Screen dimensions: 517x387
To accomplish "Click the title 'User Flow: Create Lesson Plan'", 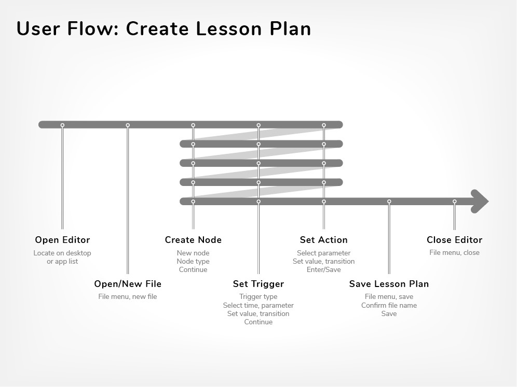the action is coord(164,28).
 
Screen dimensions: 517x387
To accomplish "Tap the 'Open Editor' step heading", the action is coord(62,240).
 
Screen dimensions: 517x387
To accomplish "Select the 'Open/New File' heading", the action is coord(128,284).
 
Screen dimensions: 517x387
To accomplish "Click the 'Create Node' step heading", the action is coord(193,240).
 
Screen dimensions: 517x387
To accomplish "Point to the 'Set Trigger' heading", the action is coord(258,284).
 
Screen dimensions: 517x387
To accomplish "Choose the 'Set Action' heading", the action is coord(324,240).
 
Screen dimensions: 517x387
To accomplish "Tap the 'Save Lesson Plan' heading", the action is coord(389,284).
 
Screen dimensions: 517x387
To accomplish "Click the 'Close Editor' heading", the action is coord(454,240).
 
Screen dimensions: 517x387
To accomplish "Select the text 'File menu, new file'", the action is coord(128,296).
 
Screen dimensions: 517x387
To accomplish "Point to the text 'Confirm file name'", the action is coord(389,305).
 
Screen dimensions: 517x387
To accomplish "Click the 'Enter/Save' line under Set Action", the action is coord(324,270).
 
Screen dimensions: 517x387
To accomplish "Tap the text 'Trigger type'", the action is coord(258,297).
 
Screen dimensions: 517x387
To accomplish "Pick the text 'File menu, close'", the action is coord(454,253).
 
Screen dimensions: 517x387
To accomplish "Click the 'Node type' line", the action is coord(193,262).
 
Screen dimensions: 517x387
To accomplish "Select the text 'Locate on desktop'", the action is coord(62,253).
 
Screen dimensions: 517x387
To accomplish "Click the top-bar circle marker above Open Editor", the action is coord(62,125).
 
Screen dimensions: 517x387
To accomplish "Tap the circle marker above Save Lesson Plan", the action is coord(389,202).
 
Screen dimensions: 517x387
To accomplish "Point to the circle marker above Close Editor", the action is coord(454,202).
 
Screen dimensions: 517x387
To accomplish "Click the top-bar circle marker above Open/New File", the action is coord(128,125).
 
